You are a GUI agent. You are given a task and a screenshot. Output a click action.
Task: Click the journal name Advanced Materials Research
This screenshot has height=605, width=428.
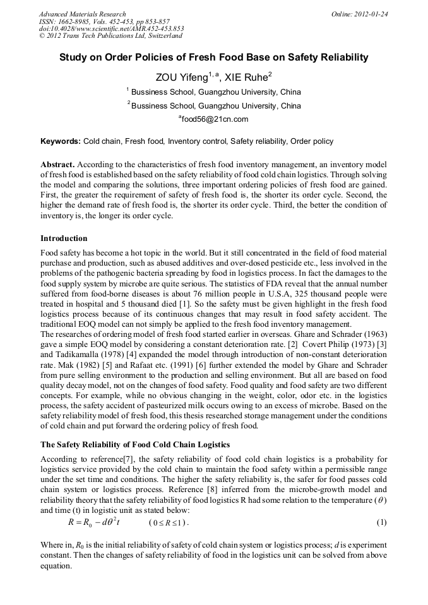pyautogui.click(x=82, y=14)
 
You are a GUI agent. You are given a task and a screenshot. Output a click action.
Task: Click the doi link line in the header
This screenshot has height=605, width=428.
pyautogui.click(x=111, y=28)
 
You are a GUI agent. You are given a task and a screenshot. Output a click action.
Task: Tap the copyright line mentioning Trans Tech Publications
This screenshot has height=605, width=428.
pyautogui.click(x=110, y=36)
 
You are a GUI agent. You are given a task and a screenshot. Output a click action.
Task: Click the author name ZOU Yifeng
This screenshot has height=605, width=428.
pyautogui.click(x=183, y=78)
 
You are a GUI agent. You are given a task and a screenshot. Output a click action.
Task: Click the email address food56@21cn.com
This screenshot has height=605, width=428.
pyautogui.click(x=214, y=119)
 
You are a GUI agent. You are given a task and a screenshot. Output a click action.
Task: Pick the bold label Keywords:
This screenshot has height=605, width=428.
pyautogui.click(x=60, y=141)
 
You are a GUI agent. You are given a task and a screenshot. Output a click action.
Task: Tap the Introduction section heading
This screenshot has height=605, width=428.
pyautogui.click(x=64, y=238)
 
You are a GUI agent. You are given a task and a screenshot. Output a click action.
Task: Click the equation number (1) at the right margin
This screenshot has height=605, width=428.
pyautogui.click(x=381, y=523)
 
